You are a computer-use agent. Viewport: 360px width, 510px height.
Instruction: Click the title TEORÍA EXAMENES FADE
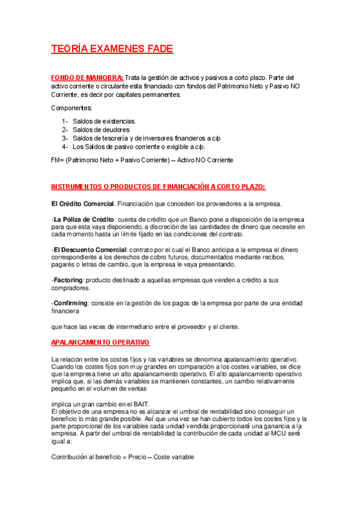click(112, 49)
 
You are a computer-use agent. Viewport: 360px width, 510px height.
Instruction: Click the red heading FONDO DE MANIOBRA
click(87, 78)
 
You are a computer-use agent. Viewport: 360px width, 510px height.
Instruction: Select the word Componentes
click(72, 108)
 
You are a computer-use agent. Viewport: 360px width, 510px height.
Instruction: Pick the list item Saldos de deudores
click(101, 129)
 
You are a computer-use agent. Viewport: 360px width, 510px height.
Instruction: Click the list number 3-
click(65, 138)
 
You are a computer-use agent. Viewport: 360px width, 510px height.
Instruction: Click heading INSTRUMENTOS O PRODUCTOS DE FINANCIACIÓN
click(157, 186)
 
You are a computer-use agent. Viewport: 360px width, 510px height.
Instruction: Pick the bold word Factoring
click(68, 280)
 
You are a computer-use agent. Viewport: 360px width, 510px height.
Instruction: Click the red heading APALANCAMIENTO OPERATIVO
click(100, 342)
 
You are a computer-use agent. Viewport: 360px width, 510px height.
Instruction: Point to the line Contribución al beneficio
click(123, 457)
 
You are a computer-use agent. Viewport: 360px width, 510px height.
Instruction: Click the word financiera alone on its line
click(65, 312)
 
